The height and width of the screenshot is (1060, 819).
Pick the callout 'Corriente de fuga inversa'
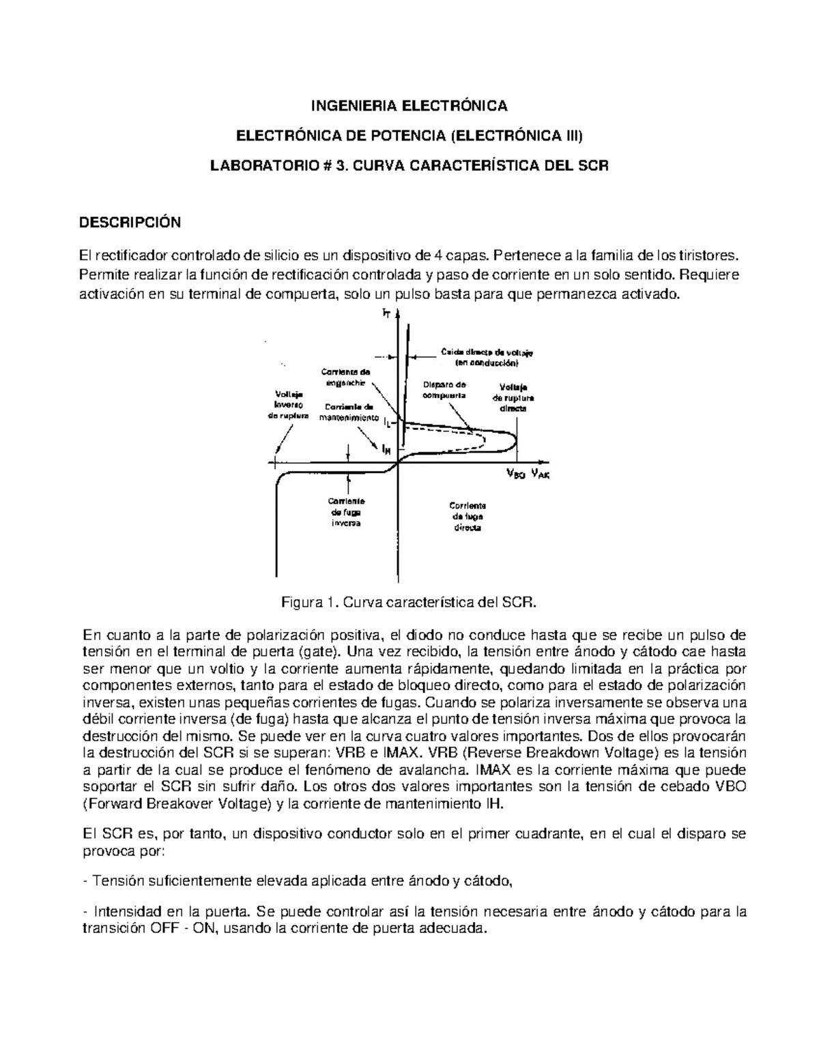(347, 512)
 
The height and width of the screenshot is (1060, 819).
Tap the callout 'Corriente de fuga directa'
(467, 517)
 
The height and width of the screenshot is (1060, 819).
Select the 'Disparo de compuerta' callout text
(444, 389)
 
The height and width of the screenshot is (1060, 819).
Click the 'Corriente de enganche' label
(346, 377)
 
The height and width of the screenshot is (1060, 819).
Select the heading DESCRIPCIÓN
(130, 223)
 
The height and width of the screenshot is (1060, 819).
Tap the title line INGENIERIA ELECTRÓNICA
(409, 106)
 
